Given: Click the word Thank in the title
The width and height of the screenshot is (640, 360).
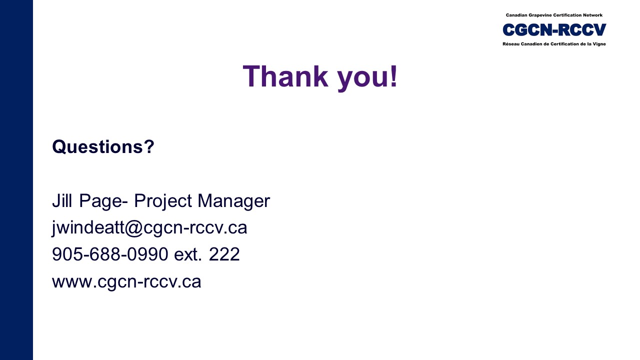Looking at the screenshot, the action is pyautogui.click(x=285, y=76).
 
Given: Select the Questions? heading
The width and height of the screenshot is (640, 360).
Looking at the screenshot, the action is pyautogui.click(x=103, y=146).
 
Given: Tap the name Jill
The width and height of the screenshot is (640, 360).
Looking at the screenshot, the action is pyautogui.click(x=61, y=200).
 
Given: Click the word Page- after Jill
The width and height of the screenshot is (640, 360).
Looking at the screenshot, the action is pyautogui.click(x=103, y=201).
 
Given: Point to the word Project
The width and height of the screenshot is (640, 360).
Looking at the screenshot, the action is pyautogui.click(x=163, y=201).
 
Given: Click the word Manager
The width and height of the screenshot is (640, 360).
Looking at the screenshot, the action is pyautogui.click(x=233, y=201).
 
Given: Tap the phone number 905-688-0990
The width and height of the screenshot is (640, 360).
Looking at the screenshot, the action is pyautogui.click(x=110, y=254).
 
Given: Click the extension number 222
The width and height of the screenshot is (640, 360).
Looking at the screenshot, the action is pyautogui.click(x=224, y=254).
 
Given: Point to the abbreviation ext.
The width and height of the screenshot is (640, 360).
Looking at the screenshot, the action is pyautogui.click(x=187, y=255).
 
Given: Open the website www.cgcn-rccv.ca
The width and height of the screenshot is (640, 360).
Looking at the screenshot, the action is pyautogui.click(x=126, y=281).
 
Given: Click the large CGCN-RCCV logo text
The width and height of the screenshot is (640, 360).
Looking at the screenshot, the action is pyautogui.click(x=554, y=29).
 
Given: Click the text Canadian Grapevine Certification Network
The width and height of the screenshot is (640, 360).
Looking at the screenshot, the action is pyautogui.click(x=554, y=15).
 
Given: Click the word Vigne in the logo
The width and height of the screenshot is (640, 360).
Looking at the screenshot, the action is pyautogui.click(x=599, y=44).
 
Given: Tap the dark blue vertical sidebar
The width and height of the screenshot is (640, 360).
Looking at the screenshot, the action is pyautogui.click(x=16, y=180).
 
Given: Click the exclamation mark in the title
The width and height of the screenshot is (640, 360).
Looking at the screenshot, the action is pyautogui.click(x=394, y=76).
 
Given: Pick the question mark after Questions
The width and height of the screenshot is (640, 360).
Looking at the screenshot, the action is pyautogui.click(x=149, y=146).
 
